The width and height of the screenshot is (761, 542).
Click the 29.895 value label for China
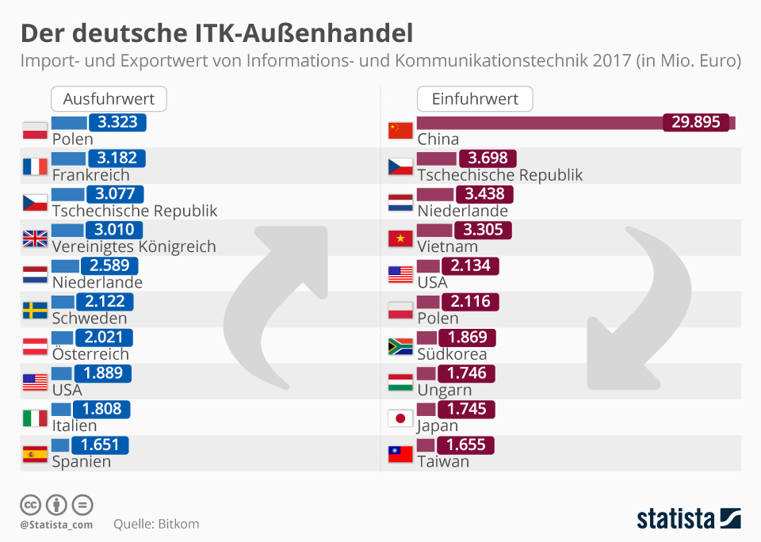point(696,122)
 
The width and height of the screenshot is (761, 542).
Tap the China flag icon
point(400,131)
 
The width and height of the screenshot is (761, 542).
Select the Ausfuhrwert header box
point(109,99)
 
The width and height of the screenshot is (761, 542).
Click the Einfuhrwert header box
point(475,99)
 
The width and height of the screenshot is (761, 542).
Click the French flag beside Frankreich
point(35,166)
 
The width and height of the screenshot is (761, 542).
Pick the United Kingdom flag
point(35,239)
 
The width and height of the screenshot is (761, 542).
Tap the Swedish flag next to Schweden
point(35,310)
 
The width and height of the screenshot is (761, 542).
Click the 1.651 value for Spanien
point(100,445)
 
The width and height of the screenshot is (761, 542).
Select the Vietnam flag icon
point(400,239)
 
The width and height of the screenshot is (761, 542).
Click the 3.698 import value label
point(488,158)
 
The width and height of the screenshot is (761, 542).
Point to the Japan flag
point(400,418)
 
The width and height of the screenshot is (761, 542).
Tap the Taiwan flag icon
point(400,454)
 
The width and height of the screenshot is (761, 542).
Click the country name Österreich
point(90,354)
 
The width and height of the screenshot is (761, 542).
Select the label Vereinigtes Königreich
point(134,246)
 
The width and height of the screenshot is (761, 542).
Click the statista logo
point(689,519)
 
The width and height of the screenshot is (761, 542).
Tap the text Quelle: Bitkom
point(156,524)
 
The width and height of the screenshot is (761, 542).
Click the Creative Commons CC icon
point(30,505)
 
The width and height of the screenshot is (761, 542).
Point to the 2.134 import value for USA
point(470,265)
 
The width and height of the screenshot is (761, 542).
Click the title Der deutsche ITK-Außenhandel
point(216,33)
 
